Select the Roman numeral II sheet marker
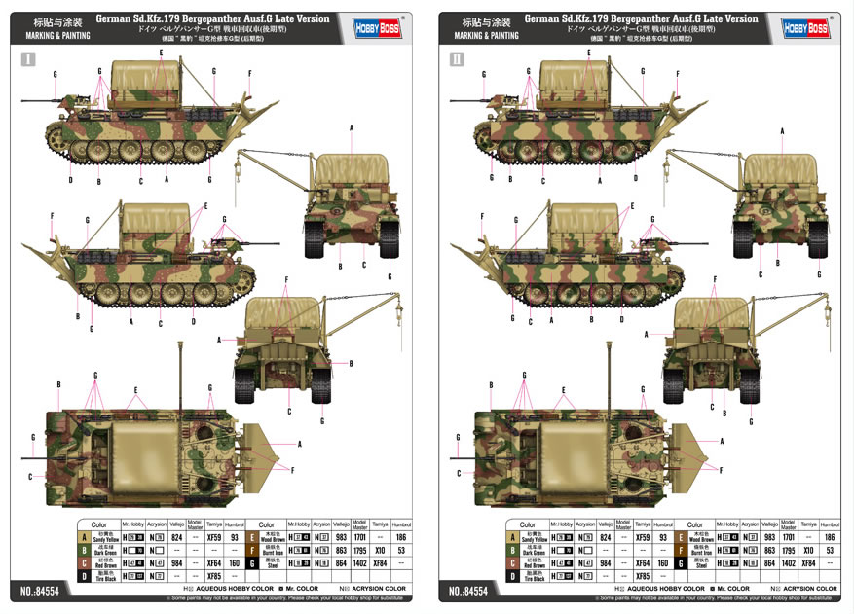click(456, 59)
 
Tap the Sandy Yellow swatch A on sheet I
click(85, 537)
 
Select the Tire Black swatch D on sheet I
click(85, 575)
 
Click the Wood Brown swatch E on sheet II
click(681, 537)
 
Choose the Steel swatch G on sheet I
click(252, 562)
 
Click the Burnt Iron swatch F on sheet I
click(252, 550)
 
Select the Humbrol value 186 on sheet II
click(830, 537)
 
